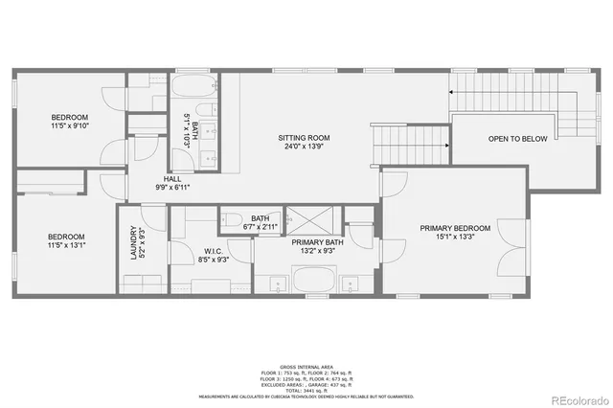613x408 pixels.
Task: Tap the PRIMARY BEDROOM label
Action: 455,228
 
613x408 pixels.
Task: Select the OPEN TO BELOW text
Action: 517,140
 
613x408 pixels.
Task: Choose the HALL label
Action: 172,179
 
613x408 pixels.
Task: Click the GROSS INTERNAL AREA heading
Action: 306,367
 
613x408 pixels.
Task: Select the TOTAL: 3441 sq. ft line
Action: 306,389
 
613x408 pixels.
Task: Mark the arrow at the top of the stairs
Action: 450,93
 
